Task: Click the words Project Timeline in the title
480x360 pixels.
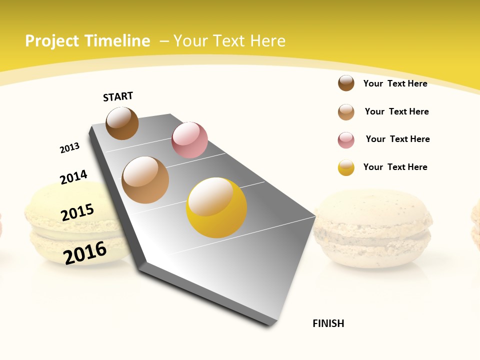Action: pyautogui.click(x=87, y=41)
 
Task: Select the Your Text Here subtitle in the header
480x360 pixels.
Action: pyautogui.click(x=229, y=41)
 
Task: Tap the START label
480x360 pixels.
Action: pyautogui.click(x=118, y=96)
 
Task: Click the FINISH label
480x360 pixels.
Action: pyautogui.click(x=328, y=323)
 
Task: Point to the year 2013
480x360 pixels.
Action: pyautogui.click(x=69, y=148)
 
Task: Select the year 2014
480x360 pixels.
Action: pyautogui.click(x=73, y=177)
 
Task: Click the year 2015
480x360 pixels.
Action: pyautogui.click(x=77, y=212)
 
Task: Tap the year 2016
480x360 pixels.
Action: pyautogui.click(x=85, y=252)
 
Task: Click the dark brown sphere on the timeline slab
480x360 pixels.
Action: pyautogui.click(x=122, y=123)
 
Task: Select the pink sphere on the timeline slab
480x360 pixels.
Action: pyautogui.click(x=189, y=140)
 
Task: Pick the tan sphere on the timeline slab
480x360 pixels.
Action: pyautogui.click(x=145, y=180)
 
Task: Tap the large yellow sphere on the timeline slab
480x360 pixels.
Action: pyautogui.click(x=216, y=207)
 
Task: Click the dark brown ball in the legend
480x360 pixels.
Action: pyautogui.click(x=346, y=83)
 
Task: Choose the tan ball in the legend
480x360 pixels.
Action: pyautogui.click(x=346, y=112)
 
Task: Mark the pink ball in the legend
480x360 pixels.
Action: pyautogui.click(x=346, y=140)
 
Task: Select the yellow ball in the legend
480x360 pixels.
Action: pyautogui.click(x=346, y=167)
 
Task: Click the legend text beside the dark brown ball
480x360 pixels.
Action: pyautogui.click(x=395, y=83)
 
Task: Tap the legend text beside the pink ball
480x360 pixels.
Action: pyautogui.click(x=397, y=139)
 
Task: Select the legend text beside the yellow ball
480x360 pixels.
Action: pyautogui.click(x=395, y=167)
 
